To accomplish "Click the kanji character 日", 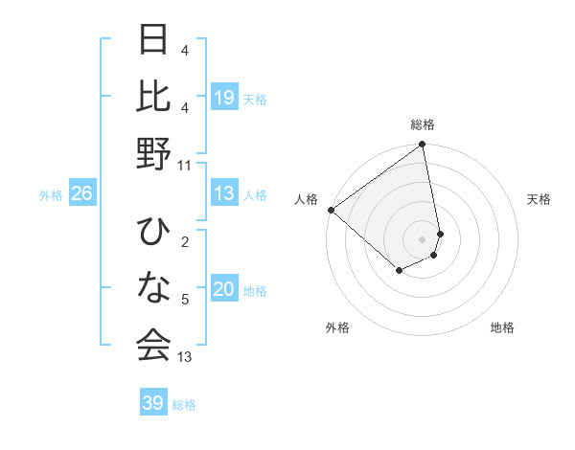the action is pyautogui.click(x=153, y=39).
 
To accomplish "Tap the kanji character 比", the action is pyautogui.click(x=153, y=97).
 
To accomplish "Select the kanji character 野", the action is pyautogui.click(x=153, y=154).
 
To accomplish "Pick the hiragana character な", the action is pyautogui.click(x=153, y=289).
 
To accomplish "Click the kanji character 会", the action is pyautogui.click(x=153, y=347).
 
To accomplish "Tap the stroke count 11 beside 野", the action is pyautogui.click(x=185, y=165).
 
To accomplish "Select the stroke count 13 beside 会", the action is pyautogui.click(x=185, y=357).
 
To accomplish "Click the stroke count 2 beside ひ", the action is pyautogui.click(x=185, y=242).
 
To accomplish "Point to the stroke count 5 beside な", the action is pyautogui.click(x=185, y=300).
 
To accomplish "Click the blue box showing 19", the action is pyautogui.click(x=224, y=97).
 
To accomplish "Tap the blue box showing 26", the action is pyautogui.click(x=81, y=193).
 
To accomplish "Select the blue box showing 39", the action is pyautogui.click(x=152, y=403).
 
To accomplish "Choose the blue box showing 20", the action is pyautogui.click(x=224, y=289).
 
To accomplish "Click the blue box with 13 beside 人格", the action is pyautogui.click(x=224, y=193).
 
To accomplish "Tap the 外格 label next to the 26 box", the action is pyautogui.click(x=51, y=194).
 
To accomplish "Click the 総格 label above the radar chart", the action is pyautogui.click(x=423, y=124).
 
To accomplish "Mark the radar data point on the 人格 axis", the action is pyautogui.click(x=331, y=210).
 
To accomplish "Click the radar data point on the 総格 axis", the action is pyautogui.click(x=423, y=146).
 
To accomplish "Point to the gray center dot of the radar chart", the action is pyautogui.click(x=423, y=238).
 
